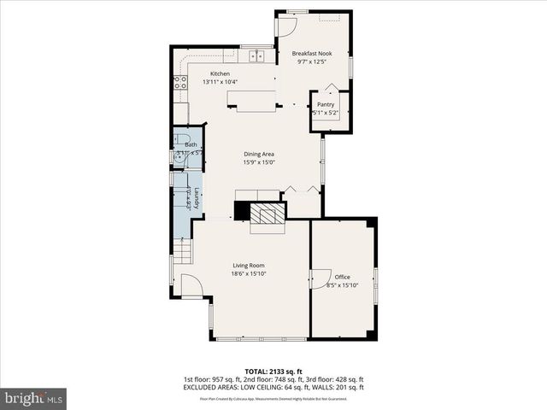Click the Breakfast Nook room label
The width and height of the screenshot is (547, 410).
point(312,53)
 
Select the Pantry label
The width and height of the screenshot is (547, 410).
point(326,104)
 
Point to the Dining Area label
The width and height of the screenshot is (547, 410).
point(258,154)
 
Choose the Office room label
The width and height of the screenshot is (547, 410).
point(343,277)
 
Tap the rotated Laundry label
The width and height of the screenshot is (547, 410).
point(197,199)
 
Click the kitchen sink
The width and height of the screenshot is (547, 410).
point(256,56)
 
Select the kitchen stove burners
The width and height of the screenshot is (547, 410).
point(180,83)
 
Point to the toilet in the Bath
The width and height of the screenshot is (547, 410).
point(180,140)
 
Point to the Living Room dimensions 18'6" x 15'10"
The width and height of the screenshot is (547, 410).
point(249,274)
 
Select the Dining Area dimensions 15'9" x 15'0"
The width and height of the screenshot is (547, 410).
point(258,162)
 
